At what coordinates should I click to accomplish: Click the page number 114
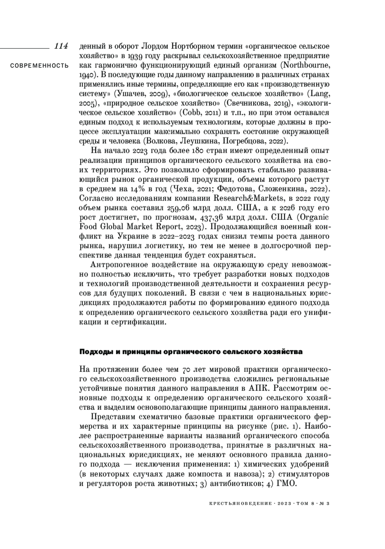pos(61,46)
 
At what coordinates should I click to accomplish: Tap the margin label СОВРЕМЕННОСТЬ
pos(39,66)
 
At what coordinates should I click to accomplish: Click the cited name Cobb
pos(192,113)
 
